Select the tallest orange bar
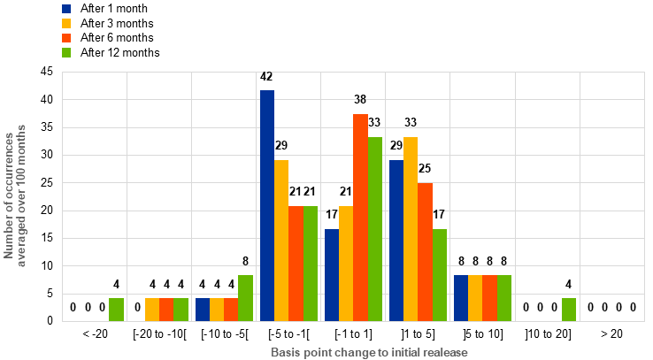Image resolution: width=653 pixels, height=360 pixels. coord(360,217)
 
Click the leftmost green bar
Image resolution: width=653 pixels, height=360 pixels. coord(116,310)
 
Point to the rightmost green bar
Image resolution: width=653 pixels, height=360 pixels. coord(569,310)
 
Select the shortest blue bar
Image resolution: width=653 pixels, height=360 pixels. coord(203,310)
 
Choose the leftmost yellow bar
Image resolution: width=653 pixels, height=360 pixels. coord(152,310)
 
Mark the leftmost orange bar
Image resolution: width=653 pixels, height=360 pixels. coord(166,310)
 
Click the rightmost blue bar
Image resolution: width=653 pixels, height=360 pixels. coord(461,298)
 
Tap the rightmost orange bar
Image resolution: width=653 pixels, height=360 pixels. coord(489,298)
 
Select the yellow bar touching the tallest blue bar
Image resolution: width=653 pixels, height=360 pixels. coord(281,240)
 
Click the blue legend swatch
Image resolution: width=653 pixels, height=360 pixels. coord(66,9)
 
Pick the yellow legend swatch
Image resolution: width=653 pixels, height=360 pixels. coord(66,23)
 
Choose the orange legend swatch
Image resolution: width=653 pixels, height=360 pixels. coord(66,38)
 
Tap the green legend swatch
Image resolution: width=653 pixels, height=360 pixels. coord(66,52)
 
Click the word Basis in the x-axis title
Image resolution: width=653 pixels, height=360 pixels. coord(285,351)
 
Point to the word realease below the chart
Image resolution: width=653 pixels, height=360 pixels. coord(443,351)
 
